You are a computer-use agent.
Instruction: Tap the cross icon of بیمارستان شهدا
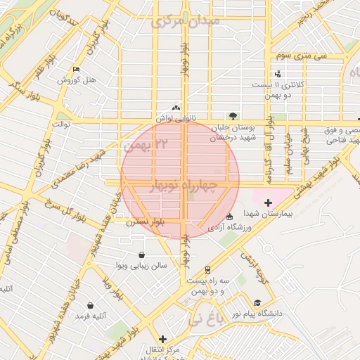(x=268, y=203)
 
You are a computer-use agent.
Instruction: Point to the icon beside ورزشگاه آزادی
(x=230, y=216)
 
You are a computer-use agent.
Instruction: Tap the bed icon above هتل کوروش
(x=77, y=70)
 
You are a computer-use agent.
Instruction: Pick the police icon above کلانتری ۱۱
(x=278, y=74)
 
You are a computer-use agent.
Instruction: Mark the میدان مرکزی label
(x=186, y=20)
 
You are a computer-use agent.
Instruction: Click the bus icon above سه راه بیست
(x=207, y=269)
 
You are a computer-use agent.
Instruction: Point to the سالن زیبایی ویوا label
(x=142, y=266)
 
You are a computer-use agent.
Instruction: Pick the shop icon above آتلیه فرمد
(x=91, y=305)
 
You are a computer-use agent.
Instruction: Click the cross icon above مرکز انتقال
(x=162, y=339)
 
